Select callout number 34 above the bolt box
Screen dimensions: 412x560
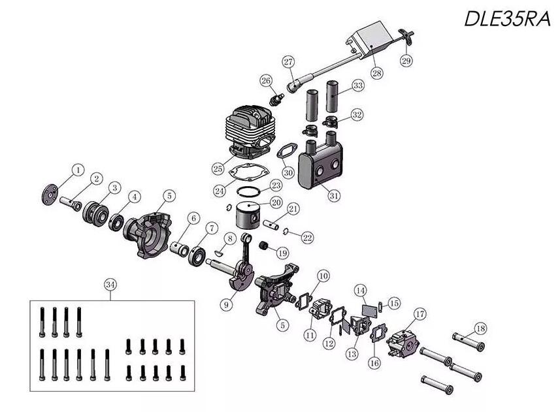point(110,284)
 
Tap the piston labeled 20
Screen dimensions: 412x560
point(248,214)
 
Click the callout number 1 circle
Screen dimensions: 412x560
point(78,170)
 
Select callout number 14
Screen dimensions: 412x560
point(360,289)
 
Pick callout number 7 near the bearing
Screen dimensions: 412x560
point(212,228)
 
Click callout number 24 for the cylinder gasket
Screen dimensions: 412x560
point(220,191)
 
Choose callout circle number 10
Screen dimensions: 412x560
point(323,276)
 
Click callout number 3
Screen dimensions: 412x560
point(114,187)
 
